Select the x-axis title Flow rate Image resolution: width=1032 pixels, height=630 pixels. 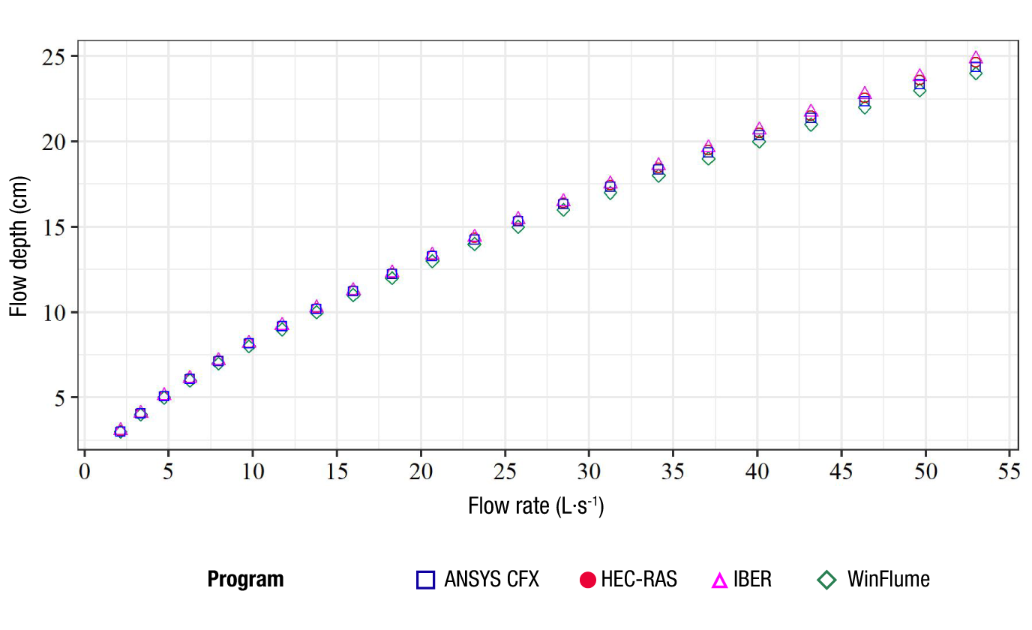pyautogui.click(x=535, y=506)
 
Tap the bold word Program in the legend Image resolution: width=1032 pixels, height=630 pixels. pyautogui.click(x=245, y=580)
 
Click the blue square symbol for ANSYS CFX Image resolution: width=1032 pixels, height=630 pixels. pyautogui.click(x=425, y=580)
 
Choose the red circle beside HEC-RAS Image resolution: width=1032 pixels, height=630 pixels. pyautogui.click(x=588, y=580)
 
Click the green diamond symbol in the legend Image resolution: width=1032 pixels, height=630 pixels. pyautogui.click(x=827, y=580)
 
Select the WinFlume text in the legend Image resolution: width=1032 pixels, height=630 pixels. pyautogui.click(x=888, y=580)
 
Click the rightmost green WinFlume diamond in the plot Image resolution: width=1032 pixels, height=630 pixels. pyautogui.click(x=976, y=73)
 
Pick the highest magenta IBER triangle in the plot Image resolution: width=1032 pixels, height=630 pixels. pyautogui.click(x=976, y=58)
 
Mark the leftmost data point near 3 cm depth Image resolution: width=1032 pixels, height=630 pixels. pyautogui.click(x=120, y=431)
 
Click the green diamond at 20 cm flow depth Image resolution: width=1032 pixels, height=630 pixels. pyautogui.click(x=759, y=141)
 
